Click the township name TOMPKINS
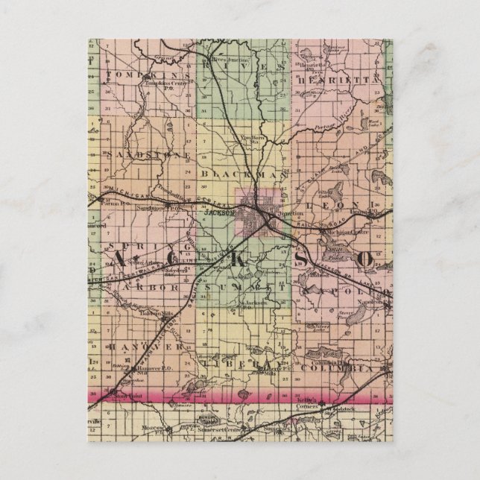(140, 75)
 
